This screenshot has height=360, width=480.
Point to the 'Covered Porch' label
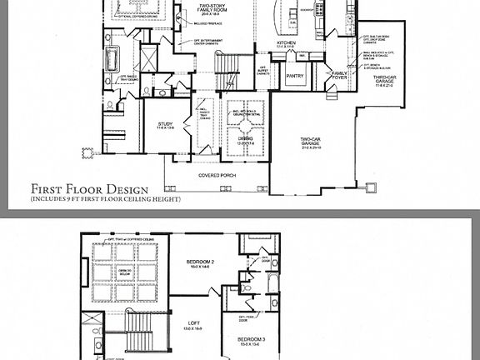click(x=215, y=176)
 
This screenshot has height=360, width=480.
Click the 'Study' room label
click(x=166, y=126)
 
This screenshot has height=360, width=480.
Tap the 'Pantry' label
click(x=294, y=77)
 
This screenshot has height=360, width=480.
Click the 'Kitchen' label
click(x=287, y=43)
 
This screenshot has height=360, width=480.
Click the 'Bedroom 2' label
click(x=201, y=265)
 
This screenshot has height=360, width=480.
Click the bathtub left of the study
click(x=111, y=59)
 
